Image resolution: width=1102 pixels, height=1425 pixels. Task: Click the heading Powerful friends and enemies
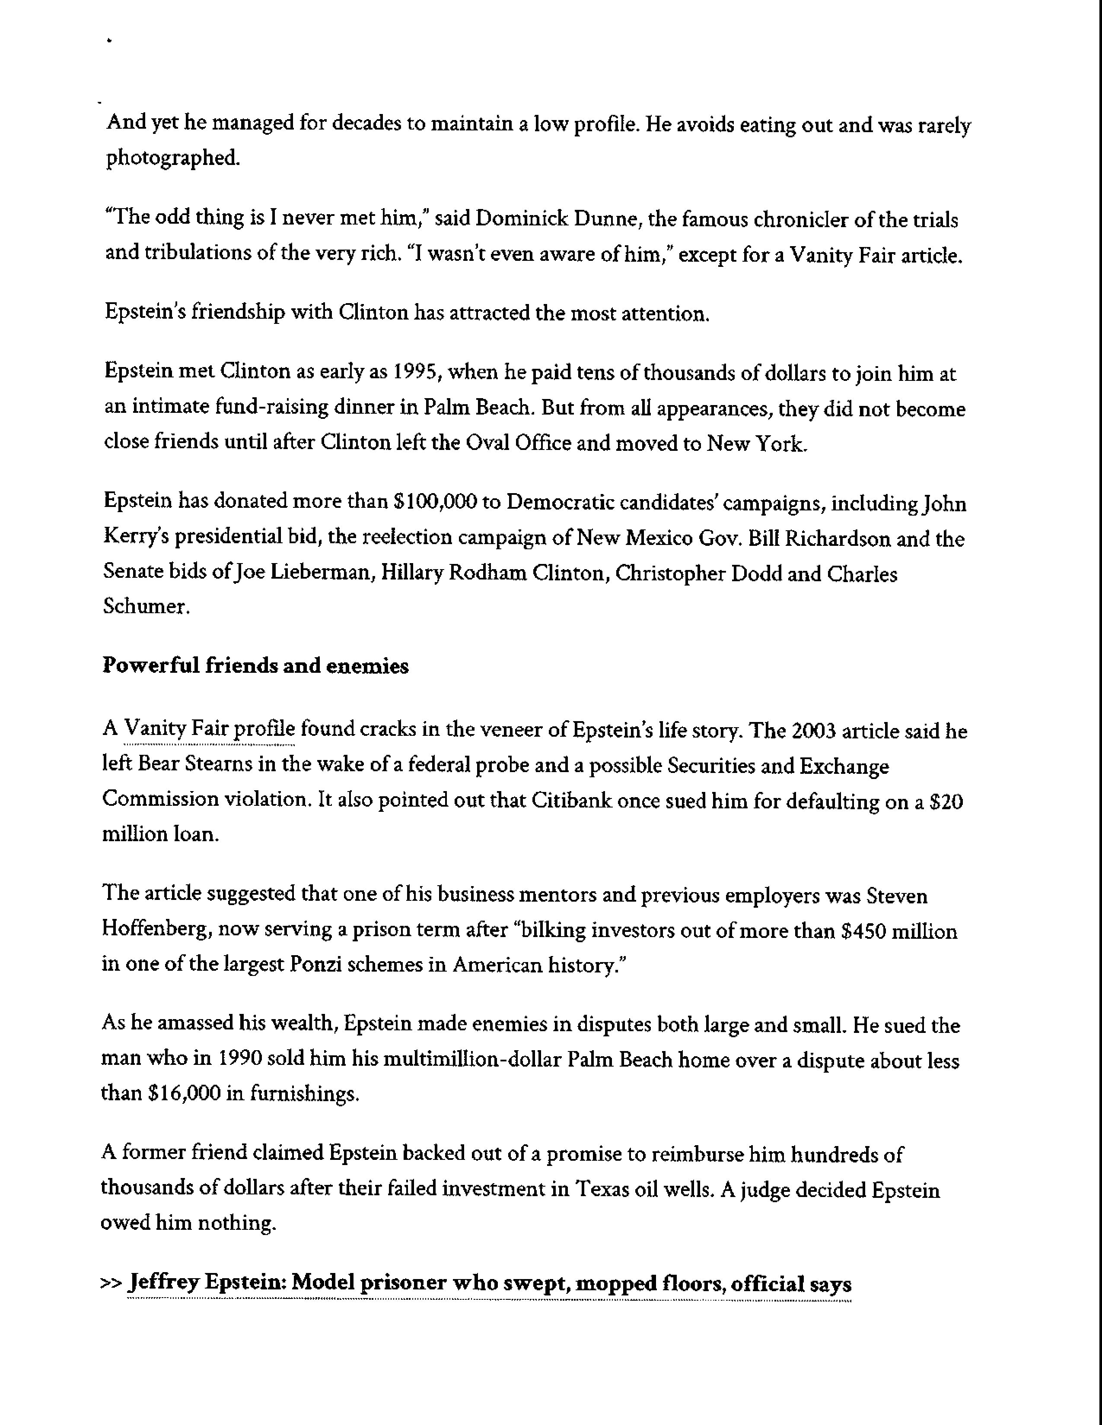(x=255, y=666)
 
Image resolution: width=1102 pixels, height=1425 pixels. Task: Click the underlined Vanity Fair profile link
(x=210, y=729)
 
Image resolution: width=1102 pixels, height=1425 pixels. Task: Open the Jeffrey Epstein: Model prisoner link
(x=490, y=1285)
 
